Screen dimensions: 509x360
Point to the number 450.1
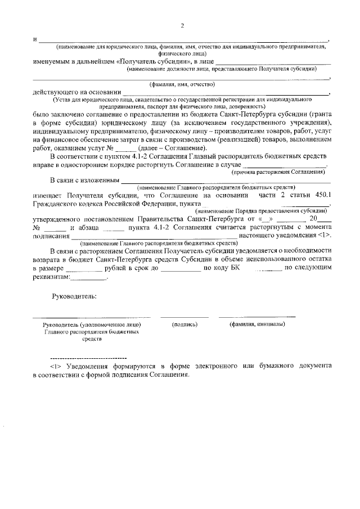(317, 195)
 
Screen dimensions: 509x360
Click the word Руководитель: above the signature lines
(74, 296)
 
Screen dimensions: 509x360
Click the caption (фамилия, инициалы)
(257, 325)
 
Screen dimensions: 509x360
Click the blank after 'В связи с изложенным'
(225, 181)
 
